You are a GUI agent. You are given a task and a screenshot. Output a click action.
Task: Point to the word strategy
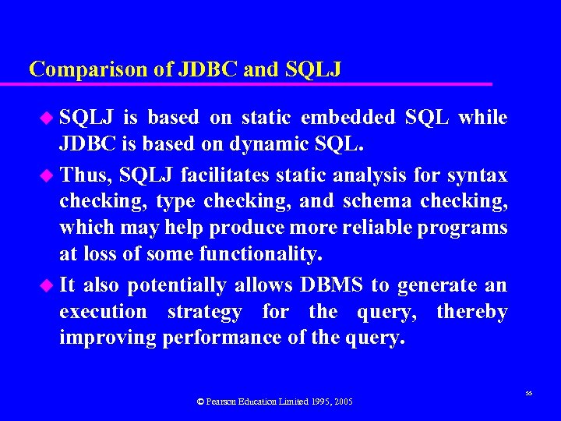click(205, 312)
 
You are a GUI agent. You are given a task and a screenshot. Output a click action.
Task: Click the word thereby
click(471, 312)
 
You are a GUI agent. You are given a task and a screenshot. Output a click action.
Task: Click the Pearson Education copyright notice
click(275, 402)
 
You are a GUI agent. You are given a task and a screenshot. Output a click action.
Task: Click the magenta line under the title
click(257, 83)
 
